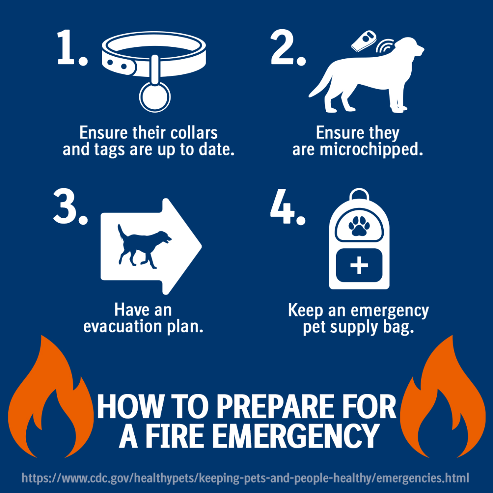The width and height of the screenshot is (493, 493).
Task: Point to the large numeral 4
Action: pos(282,206)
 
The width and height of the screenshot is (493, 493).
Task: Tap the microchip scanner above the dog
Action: pos(364,41)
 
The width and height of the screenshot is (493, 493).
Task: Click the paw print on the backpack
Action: pos(359,225)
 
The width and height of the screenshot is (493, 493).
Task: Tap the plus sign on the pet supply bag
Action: pos(359,265)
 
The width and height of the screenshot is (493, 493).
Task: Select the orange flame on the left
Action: pos(50,399)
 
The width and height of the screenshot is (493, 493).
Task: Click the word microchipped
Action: pos(372,150)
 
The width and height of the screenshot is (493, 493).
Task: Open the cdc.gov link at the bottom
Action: pos(245,478)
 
